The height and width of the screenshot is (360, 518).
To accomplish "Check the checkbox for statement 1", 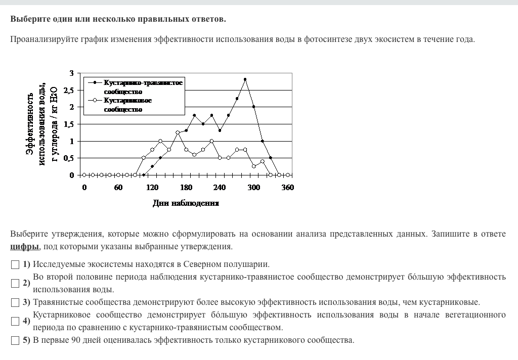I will click(16, 264).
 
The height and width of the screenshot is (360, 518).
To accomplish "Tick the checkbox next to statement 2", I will click(16, 283).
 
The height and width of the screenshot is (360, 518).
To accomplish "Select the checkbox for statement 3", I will click(16, 302).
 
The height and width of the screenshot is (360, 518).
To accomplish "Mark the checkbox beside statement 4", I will click(16, 321).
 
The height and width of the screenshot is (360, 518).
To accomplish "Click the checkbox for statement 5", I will click(16, 340).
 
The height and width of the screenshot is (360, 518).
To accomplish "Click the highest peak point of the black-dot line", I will click(245, 79).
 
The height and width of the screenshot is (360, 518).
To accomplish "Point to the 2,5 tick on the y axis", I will click(68, 91).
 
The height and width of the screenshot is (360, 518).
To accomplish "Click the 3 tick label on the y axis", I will click(71, 74).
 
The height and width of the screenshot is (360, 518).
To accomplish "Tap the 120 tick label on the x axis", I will click(152, 188).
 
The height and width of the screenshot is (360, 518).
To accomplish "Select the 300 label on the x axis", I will click(253, 188).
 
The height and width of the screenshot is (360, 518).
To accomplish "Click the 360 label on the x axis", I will click(287, 188).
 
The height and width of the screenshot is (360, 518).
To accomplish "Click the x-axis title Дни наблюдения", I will click(186, 203).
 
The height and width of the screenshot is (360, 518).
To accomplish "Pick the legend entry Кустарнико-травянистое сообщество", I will click(143, 86).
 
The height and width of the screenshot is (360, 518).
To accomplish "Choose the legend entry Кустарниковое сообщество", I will click(128, 105).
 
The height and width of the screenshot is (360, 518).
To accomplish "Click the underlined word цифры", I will click(24, 247).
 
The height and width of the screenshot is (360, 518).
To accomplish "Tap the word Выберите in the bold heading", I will click(28, 19).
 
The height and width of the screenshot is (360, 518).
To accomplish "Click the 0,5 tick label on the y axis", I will click(68, 158).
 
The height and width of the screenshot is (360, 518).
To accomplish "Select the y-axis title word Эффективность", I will click(31, 124).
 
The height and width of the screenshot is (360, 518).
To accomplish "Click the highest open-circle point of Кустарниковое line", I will click(178, 132).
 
